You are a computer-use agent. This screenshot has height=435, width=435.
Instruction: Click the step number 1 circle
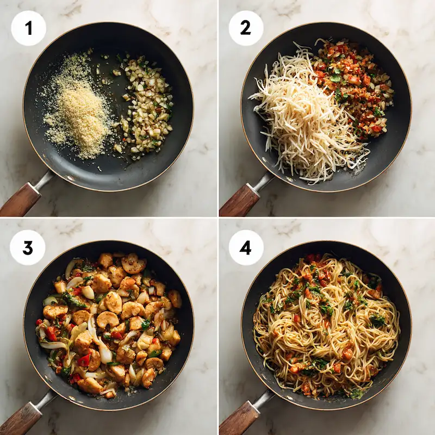coord(28,28)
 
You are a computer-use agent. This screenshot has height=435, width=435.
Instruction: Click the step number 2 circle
coord(246,28)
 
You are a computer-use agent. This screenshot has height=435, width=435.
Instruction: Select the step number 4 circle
coord(246,247)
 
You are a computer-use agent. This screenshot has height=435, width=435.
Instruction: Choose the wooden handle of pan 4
coord(238,419)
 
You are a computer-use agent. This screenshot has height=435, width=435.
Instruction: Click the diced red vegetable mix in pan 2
coord(353,87)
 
